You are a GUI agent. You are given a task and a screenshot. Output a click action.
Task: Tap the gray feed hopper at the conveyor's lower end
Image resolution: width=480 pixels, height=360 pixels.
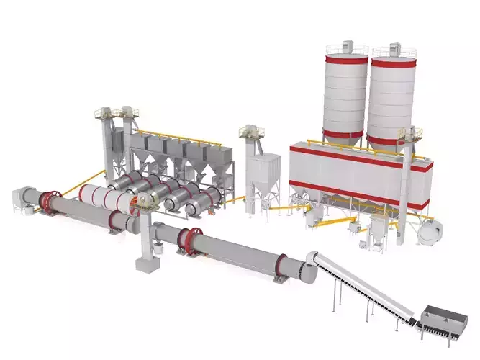[x=440, y=318]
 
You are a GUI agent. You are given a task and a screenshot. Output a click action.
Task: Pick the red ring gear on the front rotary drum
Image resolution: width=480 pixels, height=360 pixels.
[x=190, y=240]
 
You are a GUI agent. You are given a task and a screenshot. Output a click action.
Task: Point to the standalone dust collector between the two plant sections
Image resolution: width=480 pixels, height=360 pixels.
[x=262, y=176]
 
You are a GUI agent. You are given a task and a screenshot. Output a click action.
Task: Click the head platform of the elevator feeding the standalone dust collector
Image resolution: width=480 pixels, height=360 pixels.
[x=250, y=130]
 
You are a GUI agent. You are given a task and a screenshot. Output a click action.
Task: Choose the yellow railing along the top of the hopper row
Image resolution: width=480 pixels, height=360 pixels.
[x=180, y=137]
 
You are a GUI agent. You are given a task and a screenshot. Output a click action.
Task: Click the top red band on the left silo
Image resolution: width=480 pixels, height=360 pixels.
[x=345, y=60]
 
